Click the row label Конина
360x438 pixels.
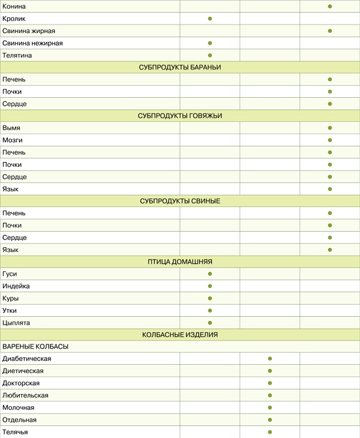14,6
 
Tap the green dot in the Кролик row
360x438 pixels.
210,19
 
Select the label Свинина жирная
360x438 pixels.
29,31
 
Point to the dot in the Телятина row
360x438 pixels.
210,55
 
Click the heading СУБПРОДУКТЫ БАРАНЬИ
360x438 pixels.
180,67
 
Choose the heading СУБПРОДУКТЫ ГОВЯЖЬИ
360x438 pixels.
180,116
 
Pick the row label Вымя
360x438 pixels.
12,128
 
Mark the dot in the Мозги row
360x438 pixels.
330,140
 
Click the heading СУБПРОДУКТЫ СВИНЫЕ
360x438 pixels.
180,201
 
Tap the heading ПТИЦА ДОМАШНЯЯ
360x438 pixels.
180,262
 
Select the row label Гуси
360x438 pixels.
10,274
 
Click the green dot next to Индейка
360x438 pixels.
210,286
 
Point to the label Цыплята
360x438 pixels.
16,323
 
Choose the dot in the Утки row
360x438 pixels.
210,311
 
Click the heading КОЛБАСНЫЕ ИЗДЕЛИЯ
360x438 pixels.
180,335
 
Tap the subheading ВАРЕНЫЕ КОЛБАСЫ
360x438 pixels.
35,347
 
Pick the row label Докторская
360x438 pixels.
21,383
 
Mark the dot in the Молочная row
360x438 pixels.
270,407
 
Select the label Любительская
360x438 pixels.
25,395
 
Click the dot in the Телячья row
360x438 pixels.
270,432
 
